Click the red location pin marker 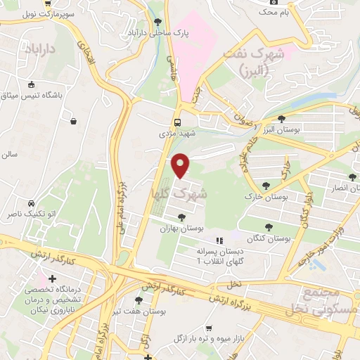click(181, 165)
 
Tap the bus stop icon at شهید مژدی click(178, 121)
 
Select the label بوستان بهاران click(181, 229)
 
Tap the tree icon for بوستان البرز click(281, 119)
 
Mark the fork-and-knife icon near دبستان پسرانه click(219, 241)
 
